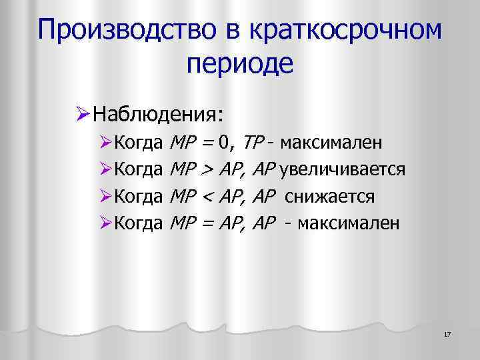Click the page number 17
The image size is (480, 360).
coord(447,333)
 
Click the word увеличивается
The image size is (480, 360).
coord(343,169)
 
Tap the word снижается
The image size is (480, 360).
coord(330,197)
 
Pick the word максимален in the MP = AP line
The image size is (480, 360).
coord(349,224)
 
